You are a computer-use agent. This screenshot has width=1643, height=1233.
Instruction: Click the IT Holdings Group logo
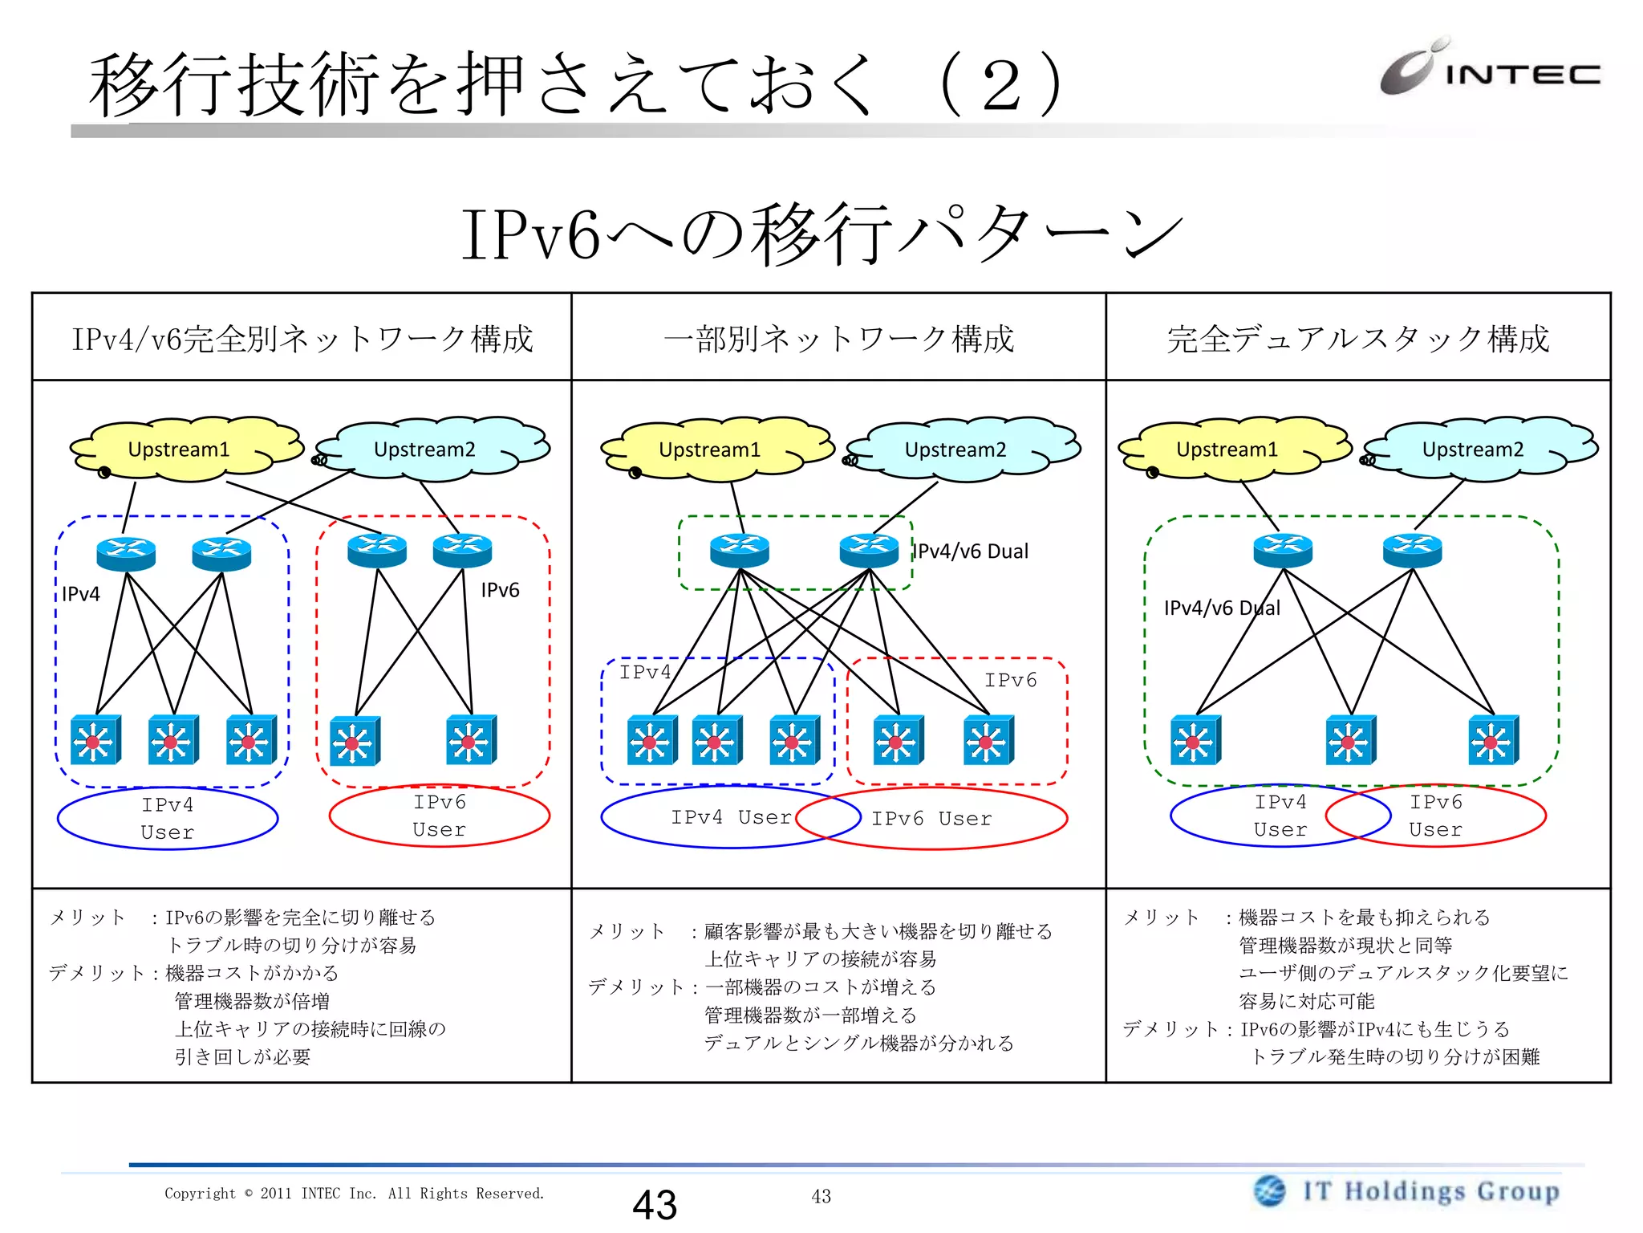click(x=1407, y=1190)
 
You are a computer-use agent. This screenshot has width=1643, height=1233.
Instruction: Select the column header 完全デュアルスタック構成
click(x=1357, y=339)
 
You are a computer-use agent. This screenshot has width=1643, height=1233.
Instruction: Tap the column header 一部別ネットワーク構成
click(x=838, y=339)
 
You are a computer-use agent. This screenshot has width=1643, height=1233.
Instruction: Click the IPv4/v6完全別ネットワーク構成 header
click(x=302, y=339)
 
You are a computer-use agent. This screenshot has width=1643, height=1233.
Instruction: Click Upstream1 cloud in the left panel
click(x=179, y=450)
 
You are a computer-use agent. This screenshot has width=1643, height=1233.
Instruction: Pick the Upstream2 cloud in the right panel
click(x=1472, y=450)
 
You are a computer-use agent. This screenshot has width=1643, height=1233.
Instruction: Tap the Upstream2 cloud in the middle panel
click(x=955, y=450)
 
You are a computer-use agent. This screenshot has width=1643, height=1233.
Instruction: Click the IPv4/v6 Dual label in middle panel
click(x=972, y=551)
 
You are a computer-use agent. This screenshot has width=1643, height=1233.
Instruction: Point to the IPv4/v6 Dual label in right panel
click(x=1221, y=608)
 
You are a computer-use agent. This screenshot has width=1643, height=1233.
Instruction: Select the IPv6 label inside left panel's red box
click(x=500, y=590)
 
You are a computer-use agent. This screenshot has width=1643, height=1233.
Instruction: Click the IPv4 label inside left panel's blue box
click(x=81, y=594)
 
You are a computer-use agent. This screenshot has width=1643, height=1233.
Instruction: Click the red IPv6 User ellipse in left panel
click(x=439, y=816)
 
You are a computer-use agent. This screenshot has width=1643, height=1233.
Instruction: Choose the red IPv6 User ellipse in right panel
click(x=1436, y=816)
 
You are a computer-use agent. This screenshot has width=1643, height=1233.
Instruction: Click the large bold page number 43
click(x=655, y=1204)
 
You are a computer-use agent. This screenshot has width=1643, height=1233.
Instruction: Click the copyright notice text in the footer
click(x=354, y=1194)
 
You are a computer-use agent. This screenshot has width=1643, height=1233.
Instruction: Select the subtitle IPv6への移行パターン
click(x=821, y=234)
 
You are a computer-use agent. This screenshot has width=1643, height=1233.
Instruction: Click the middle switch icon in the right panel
click(x=1350, y=740)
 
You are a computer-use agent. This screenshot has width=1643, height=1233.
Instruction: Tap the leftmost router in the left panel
click(x=126, y=553)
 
